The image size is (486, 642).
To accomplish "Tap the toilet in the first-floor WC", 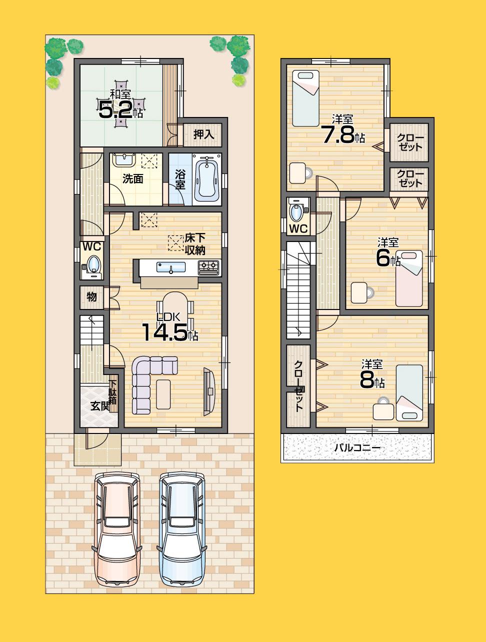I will click(x=93, y=265).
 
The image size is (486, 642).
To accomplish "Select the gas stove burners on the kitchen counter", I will click(x=208, y=267).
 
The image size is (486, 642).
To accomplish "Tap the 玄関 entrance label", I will click(x=99, y=406).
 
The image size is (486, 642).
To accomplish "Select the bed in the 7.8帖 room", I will click(x=305, y=98).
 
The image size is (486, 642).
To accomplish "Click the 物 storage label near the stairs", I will click(x=91, y=296).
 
